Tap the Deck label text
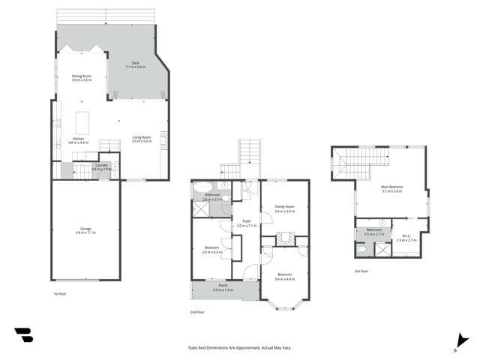click(x=136, y=66)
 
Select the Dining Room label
click(x=82, y=77)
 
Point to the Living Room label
click(x=142, y=139)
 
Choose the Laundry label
click(x=101, y=167)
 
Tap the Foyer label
click(x=247, y=223)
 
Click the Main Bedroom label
click(x=391, y=189)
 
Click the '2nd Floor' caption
click(x=197, y=311)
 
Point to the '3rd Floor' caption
click(x=361, y=271)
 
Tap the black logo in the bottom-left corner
click(x=23, y=335)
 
